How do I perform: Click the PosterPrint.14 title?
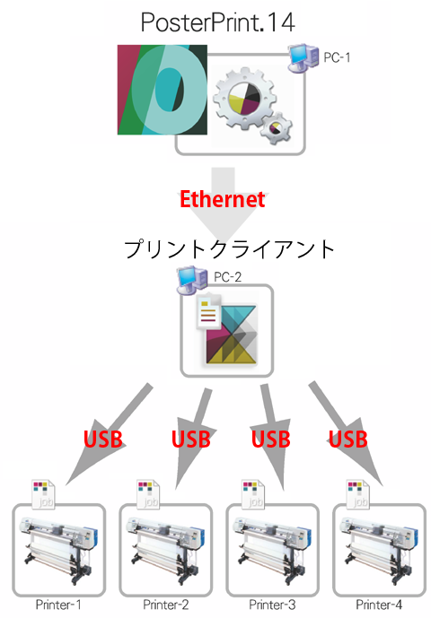(x=218, y=22)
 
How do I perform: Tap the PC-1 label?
(x=337, y=57)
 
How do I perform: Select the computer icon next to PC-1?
(x=303, y=58)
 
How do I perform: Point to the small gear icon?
(x=276, y=128)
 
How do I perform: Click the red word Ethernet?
(x=222, y=199)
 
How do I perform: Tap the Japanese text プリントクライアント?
(x=229, y=249)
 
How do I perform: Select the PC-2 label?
(x=228, y=277)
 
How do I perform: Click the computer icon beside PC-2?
(x=192, y=280)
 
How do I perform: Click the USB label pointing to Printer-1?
(x=103, y=440)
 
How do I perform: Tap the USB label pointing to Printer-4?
(x=348, y=440)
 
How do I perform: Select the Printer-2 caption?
(x=166, y=605)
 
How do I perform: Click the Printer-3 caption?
(x=272, y=605)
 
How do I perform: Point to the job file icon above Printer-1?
(x=43, y=494)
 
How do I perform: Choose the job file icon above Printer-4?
(x=358, y=494)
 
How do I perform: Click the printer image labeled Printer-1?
(x=59, y=550)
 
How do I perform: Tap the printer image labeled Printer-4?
(x=379, y=550)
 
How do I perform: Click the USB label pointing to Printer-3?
(x=271, y=440)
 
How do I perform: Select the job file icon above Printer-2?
(x=148, y=494)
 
